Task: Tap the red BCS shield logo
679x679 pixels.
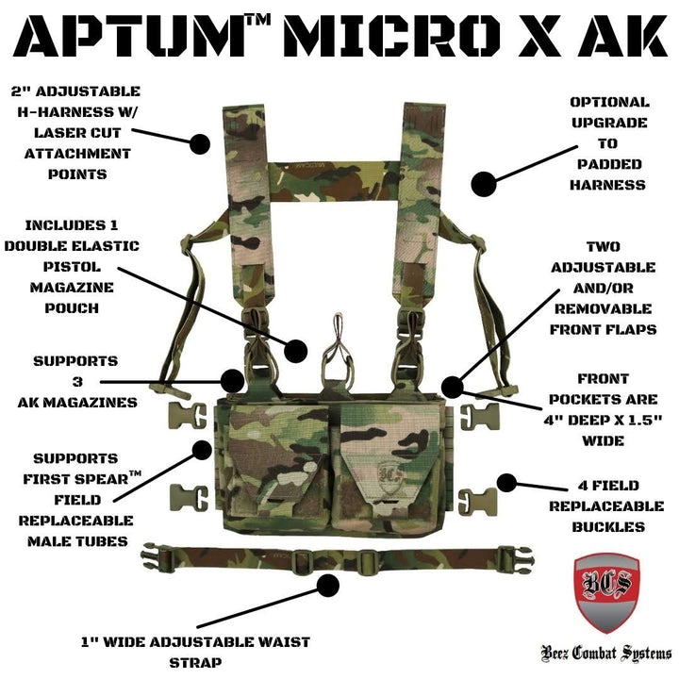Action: click(x=606, y=594)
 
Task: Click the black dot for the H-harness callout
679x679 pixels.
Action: click(x=200, y=144)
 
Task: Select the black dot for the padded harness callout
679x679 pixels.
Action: click(x=483, y=183)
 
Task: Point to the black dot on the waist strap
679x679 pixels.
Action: click(x=328, y=586)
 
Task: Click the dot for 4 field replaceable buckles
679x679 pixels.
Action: click(x=506, y=484)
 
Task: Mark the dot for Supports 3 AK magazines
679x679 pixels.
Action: click(x=231, y=381)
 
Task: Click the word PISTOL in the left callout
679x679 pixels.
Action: click(x=82, y=267)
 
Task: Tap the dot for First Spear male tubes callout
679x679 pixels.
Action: click(x=202, y=451)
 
